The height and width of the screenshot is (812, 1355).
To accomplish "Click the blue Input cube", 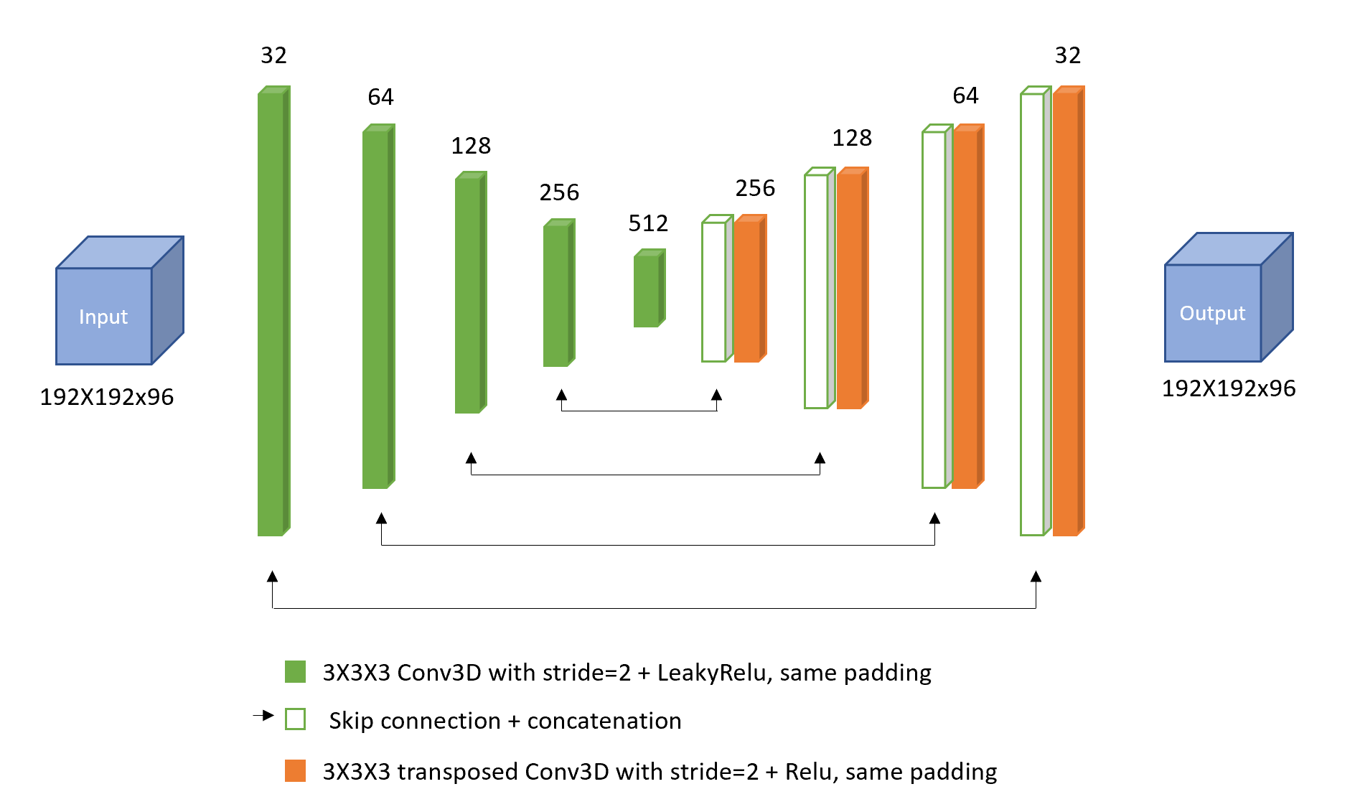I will point(105,315).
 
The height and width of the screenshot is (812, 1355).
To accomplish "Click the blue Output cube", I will point(1213,312).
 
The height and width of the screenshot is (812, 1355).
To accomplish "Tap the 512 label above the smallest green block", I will point(648,223).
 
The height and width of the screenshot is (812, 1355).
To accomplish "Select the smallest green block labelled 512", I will point(647,290).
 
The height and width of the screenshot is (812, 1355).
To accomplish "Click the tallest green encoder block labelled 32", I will point(272,312).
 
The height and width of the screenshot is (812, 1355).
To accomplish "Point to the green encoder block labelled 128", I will point(469,294).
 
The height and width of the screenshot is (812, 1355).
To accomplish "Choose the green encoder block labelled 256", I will point(558,294).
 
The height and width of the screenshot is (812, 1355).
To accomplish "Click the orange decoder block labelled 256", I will point(749,290).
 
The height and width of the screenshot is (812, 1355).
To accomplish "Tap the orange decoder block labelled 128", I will point(850,290).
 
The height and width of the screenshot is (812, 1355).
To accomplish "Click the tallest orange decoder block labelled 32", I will point(1067,312).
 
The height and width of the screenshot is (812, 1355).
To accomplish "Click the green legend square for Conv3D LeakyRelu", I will point(295,672).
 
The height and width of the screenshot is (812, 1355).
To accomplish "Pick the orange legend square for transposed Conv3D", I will point(295,771).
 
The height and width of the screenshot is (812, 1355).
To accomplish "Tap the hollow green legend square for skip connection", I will point(295,719).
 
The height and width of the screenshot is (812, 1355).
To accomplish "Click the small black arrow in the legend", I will point(263,715).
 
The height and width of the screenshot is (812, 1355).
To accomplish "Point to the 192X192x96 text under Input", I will point(107,397).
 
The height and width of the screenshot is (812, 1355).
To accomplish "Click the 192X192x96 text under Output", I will point(1229,388).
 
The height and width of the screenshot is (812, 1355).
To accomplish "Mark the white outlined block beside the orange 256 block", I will point(714,291).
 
